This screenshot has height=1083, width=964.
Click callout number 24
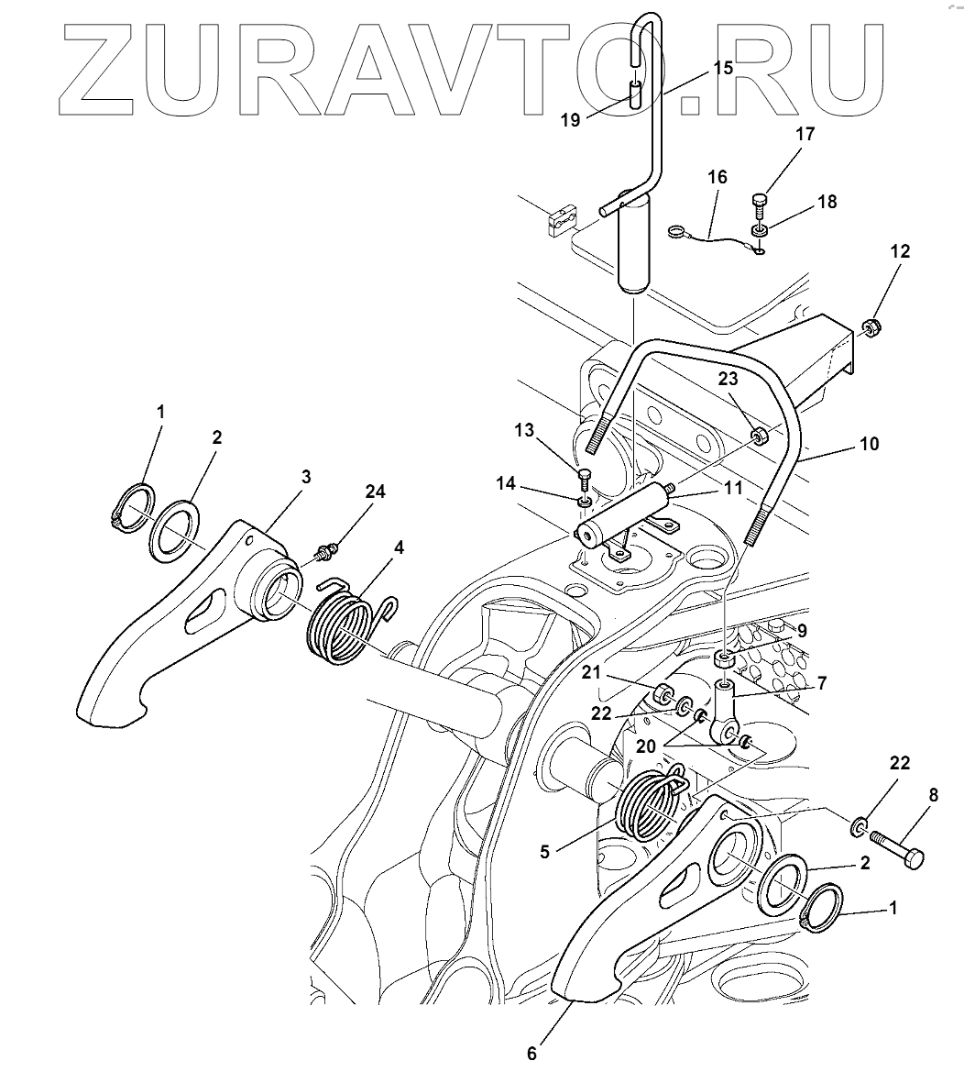point(374,492)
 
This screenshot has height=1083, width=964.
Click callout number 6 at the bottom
point(531,1053)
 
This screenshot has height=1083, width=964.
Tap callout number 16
point(718,177)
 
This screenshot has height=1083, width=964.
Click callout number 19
point(570,120)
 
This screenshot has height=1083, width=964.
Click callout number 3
point(305,477)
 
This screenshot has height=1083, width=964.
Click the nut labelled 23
point(760,434)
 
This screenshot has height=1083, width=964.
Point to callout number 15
point(723,69)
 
